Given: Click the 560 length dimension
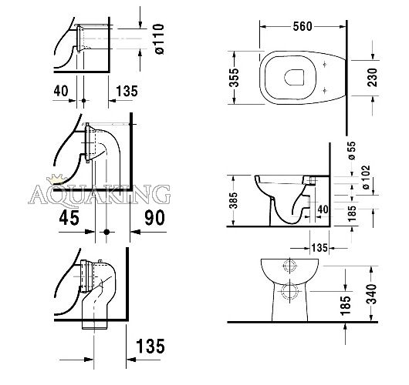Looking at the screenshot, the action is coord(303,26).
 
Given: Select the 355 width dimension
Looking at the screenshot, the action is coord(234,78).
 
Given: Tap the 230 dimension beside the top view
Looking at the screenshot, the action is coord(372,77).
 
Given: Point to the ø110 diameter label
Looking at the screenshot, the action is coord(159,39).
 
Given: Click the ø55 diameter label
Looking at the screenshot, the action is coord(352,150).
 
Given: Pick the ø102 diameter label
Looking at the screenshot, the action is coord(366,177).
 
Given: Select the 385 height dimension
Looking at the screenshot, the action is coord(234,200).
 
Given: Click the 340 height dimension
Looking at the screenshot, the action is coord(372,294).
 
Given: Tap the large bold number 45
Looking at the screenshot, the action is coord(69,218).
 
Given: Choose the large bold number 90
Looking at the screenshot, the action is coord(154,218).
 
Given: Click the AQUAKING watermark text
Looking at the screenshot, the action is coord(100,195).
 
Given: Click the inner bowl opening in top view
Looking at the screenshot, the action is coord(294,77).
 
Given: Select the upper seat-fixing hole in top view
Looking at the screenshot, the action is coord(325,64).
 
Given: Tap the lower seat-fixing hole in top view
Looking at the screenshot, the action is coord(325,91).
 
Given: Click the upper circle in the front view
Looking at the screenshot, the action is coord(289,265).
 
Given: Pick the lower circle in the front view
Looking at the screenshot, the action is coord(289,291).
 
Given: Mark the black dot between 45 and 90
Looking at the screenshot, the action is coord(106,232).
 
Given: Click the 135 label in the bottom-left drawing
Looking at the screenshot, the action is coord(150,346).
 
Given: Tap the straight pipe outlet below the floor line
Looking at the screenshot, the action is coord(94,325).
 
